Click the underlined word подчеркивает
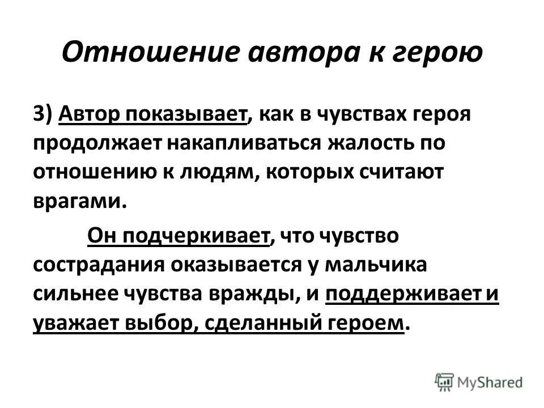[x=195, y=235]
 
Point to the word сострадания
[x=99, y=265]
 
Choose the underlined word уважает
[x=71, y=324]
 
